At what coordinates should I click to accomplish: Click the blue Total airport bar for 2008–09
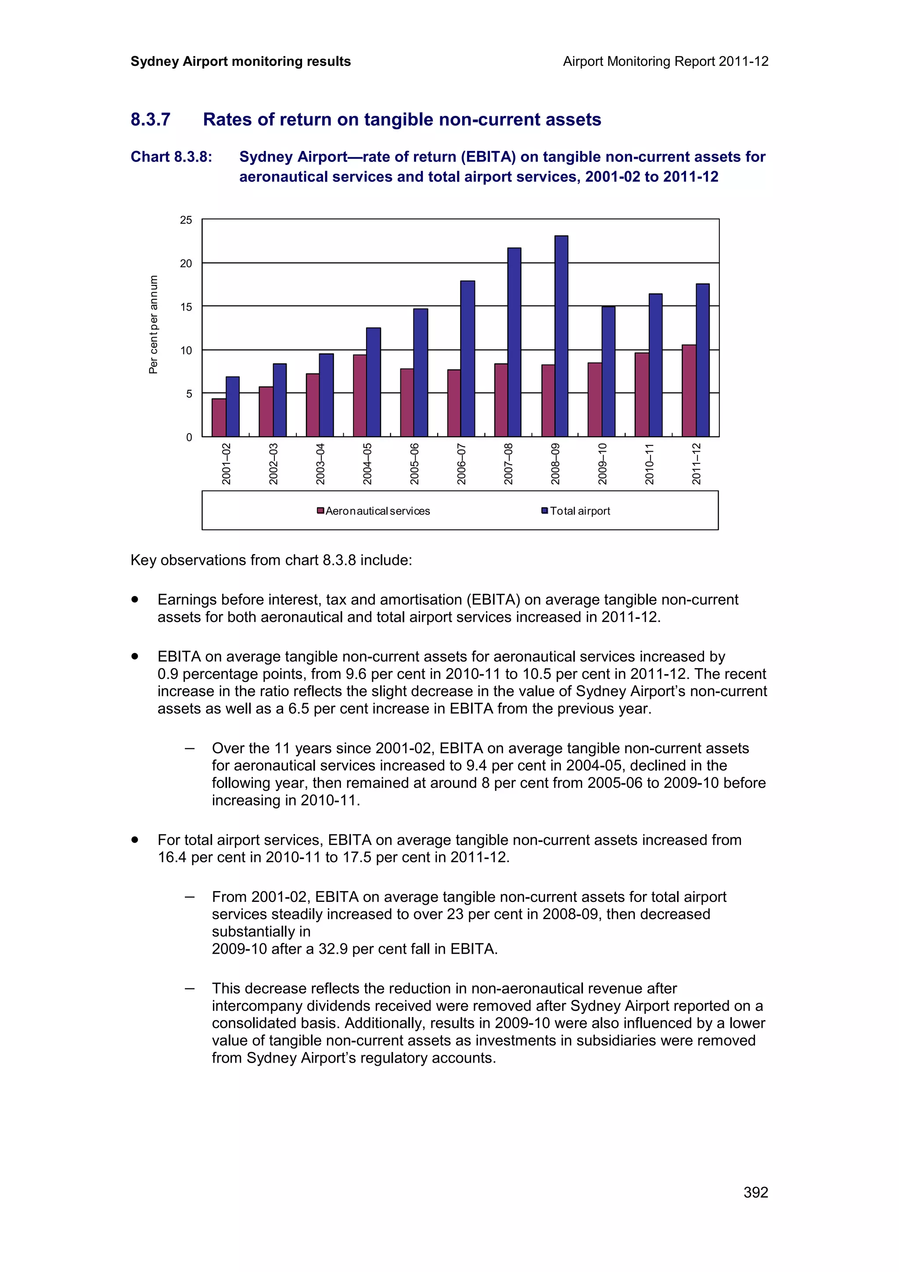pos(561,336)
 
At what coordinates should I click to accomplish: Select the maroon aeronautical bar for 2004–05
pos(360,395)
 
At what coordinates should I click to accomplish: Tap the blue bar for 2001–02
pos(233,406)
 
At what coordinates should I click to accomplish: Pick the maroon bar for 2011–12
pos(688,391)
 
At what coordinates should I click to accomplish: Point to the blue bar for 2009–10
pos(608,371)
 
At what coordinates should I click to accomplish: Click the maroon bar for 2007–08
pos(501,400)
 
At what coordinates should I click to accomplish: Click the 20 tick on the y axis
pos(186,264)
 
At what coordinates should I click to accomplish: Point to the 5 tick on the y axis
pos(189,394)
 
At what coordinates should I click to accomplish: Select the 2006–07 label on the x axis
pos(461,464)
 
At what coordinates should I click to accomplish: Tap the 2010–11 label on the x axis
pos(649,464)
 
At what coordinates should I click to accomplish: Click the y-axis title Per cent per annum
pos(154,325)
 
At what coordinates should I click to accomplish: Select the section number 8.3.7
pos(150,120)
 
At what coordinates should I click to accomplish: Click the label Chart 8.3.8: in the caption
pos(171,157)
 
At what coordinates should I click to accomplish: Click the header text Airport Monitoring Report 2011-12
pos(665,61)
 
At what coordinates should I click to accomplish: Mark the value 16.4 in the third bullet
pos(172,858)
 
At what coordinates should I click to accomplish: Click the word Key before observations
pos(144,560)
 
